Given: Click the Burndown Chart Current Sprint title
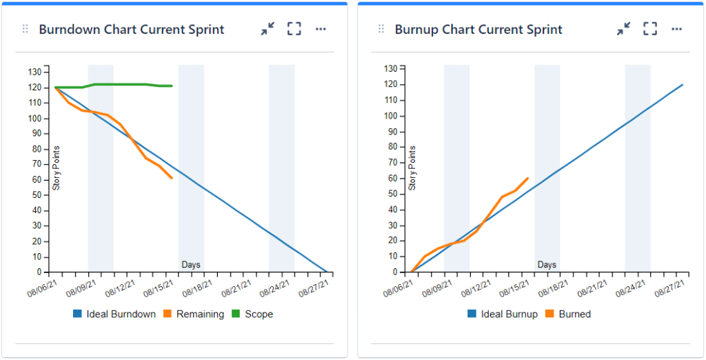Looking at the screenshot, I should tap(131, 30).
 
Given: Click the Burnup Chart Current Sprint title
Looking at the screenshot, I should tap(478, 30).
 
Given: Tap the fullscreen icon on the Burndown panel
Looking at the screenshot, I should tap(294, 29).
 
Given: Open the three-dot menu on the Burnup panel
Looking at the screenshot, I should tap(676, 29).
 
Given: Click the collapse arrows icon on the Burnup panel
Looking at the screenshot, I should tap(623, 29).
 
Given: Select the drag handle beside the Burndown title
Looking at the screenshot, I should tap(26, 29).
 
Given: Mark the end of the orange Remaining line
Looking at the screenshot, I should tap(172, 178).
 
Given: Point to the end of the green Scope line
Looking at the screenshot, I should tap(172, 86).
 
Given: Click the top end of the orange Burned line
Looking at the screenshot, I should tap(527, 179).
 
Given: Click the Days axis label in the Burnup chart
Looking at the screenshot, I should tap(547, 265).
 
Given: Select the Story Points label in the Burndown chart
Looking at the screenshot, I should tap(57, 168).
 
